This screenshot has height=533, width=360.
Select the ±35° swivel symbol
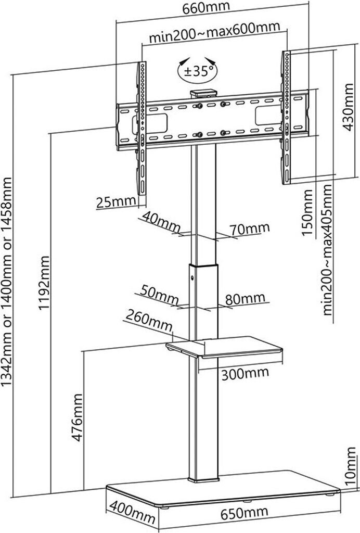197,72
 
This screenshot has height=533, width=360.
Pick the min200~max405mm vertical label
327,250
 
